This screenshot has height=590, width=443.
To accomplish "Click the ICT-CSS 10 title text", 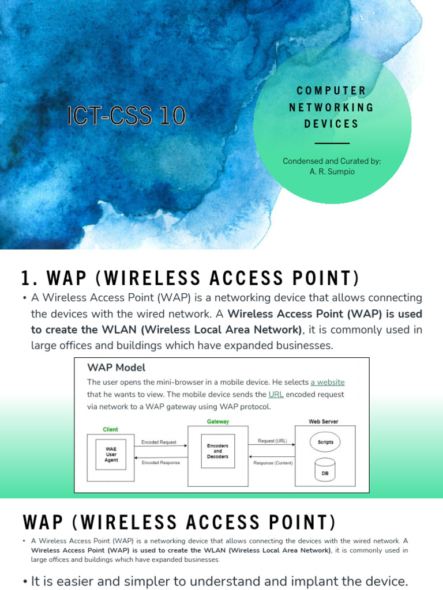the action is click(x=126, y=116).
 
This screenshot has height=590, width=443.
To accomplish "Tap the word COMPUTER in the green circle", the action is click(x=331, y=90).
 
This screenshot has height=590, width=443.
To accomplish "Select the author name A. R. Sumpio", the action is click(x=332, y=172).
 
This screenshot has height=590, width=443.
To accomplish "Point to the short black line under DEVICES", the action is click(x=332, y=143).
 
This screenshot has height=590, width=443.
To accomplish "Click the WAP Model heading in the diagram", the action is click(x=116, y=368).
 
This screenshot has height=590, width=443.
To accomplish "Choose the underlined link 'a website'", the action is click(x=327, y=382).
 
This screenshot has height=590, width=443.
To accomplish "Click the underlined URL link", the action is click(x=276, y=395).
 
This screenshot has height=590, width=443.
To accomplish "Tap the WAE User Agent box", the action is click(x=111, y=454).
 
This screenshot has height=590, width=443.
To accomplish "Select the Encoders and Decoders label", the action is click(x=217, y=451).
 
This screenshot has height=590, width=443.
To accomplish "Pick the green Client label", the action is click(x=110, y=429).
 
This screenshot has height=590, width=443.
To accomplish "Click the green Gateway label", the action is click(x=217, y=422).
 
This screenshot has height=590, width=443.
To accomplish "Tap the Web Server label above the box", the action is click(x=323, y=422).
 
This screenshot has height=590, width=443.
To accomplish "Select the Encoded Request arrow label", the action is click(x=159, y=442).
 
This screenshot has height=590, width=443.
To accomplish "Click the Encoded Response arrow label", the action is click(x=160, y=463).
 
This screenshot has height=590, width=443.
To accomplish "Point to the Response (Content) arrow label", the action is click(x=273, y=463).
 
